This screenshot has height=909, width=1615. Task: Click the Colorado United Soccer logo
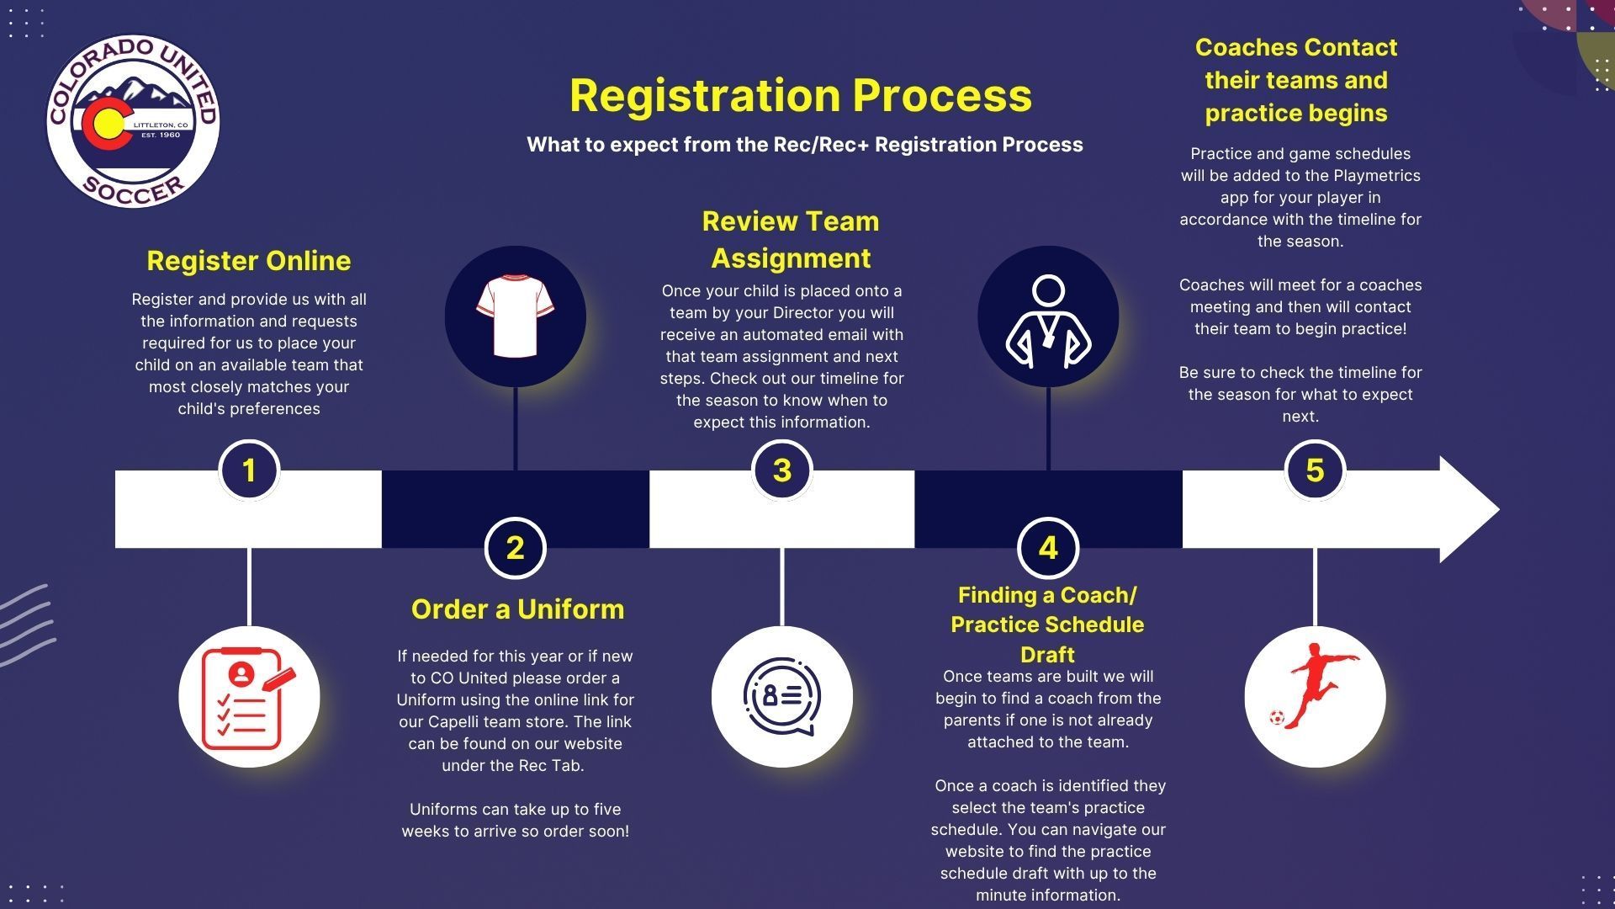pos(133,121)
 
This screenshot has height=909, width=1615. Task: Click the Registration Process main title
pos(801,95)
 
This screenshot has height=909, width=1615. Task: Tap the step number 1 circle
pos(249,470)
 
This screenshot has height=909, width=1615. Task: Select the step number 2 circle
pos(516,548)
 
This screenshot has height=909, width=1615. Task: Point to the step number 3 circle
pos(782,470)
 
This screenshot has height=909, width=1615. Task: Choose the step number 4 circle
pos(1048,548)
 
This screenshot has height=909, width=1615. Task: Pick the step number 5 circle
pos(1316,470)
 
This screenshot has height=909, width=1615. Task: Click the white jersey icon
pos(515,316)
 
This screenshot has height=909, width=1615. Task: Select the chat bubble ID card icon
pos(782,696)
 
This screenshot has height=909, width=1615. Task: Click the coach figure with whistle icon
pos(1048,321)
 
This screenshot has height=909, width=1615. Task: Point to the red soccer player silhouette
pos(1317,684)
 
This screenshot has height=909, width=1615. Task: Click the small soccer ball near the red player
pos(1277,718)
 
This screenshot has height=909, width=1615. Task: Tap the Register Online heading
pos(249,261)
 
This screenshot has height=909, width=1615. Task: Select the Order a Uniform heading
pos(517,609)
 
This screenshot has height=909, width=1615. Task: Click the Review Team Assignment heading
pos(791,239)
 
